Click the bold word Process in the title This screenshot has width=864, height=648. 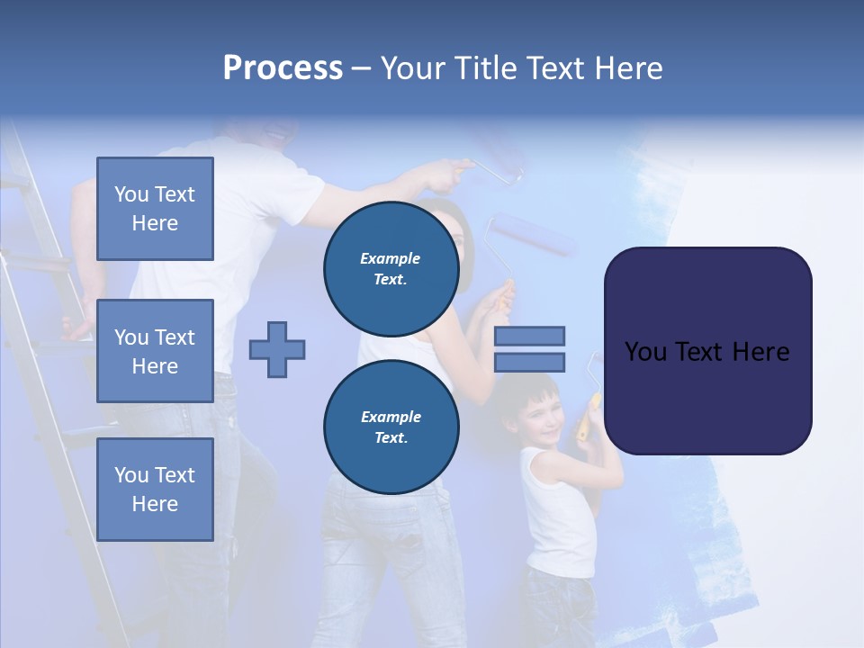click(283, 68)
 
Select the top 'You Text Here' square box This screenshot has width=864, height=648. click(155, 209)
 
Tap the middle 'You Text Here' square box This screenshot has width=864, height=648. click(155, 351)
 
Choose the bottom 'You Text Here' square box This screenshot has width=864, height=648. click(155, 489)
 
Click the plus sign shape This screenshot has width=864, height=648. click(277, 349)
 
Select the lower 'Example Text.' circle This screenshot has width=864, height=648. click(391, 427)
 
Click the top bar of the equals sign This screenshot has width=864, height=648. click(529, 336)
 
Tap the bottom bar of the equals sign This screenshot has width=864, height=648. click(529, 362)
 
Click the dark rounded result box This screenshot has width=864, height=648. click(707, 351)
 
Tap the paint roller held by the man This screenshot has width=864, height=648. click(494, 173)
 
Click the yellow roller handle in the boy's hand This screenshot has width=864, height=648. click(589, 414)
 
